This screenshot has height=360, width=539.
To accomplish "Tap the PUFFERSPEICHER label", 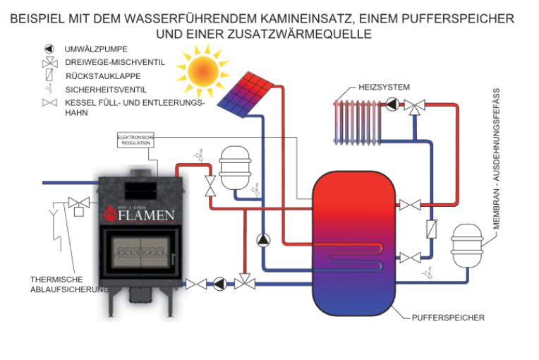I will [x=448, y=318].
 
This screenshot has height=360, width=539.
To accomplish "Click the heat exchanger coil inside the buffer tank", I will [x=360, y=255].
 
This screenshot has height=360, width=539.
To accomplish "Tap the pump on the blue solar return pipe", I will [x=262, y=239].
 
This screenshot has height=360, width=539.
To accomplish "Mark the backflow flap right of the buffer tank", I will [x=430, y=231].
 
